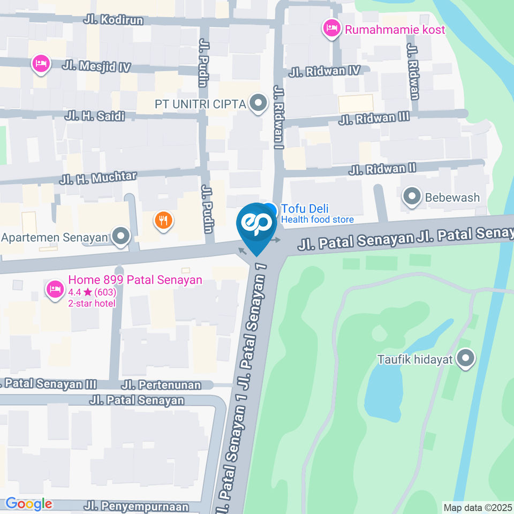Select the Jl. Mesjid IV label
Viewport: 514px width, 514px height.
tap(96, 66)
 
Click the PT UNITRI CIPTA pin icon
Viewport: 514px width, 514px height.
tap(259, 103)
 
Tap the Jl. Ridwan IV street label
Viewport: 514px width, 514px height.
tap(325, 71)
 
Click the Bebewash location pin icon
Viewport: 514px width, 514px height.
tap(412, 197)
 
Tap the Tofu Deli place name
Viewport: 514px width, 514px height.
tap(305, 209)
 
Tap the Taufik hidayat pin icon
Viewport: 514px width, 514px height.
tap(466, 359)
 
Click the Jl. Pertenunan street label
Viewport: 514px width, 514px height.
tap(161, 385)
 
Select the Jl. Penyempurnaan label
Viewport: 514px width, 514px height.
tap(137, 506)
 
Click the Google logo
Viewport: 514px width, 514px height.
tap(28, 504)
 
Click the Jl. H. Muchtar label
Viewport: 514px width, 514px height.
tap(99, 178)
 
